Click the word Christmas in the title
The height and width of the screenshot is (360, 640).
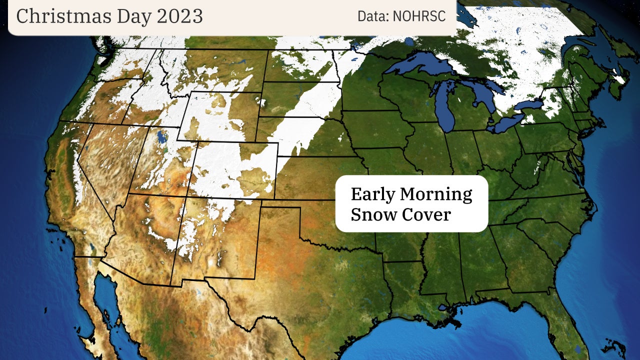pyautogui.click(x=56, y=16)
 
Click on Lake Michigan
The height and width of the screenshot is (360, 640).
pyautogui.click(x=443, y=107)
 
